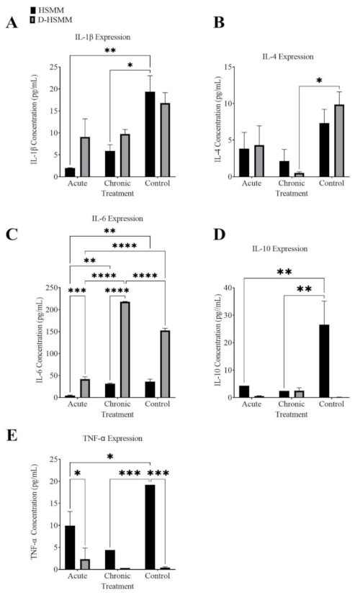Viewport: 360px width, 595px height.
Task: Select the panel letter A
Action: coord(12,25)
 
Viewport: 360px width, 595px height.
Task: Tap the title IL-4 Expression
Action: coord(288,53)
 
